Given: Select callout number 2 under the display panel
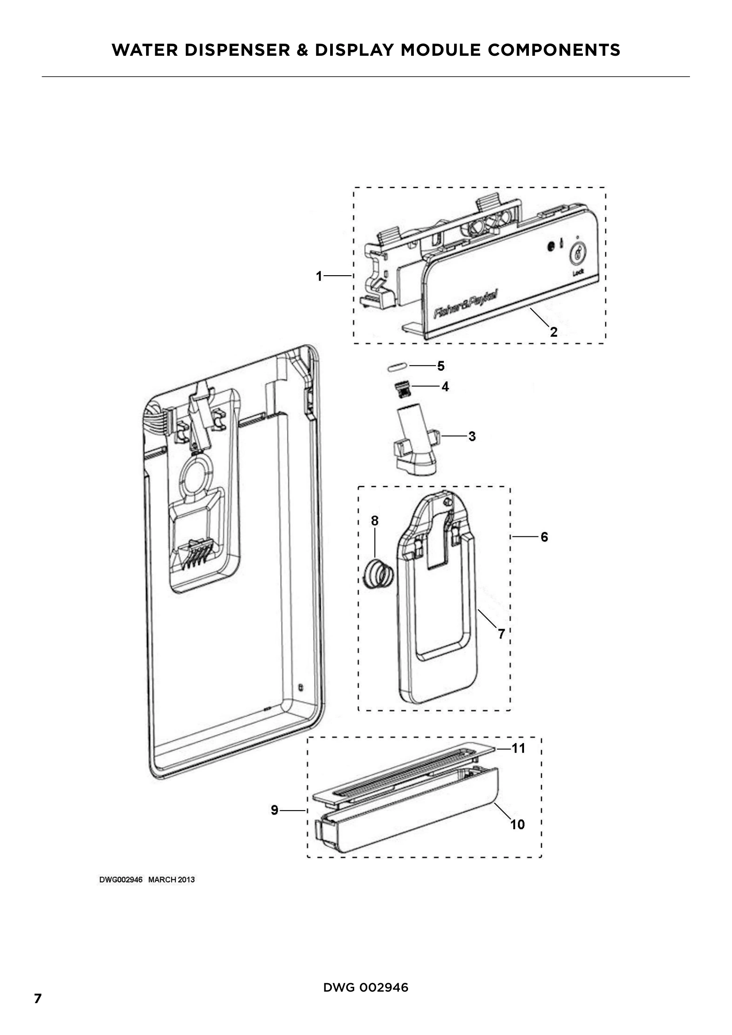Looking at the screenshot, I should tap(554, 332).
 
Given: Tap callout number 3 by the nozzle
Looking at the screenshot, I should tap(472, 436).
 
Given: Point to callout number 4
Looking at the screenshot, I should tap(445, 386).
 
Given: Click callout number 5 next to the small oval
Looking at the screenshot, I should tap(441, 366).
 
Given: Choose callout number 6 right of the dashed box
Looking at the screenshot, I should tap(544, 537).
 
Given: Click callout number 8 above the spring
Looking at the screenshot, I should tap(374, 521).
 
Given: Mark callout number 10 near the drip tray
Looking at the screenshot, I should tap(517, 824).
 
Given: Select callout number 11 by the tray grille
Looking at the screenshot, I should tap(518, 748).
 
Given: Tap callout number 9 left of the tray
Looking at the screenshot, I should tap(274, 810).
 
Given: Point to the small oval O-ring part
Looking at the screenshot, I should tap(397, 367).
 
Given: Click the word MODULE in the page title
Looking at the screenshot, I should tap(441, 50).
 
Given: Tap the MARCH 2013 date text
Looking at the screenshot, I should tap(172, 880).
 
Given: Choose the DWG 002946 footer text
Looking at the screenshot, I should tap(366, 988).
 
